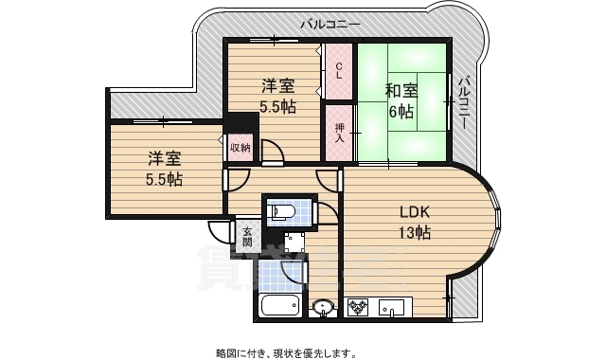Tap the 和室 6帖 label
[400, 100]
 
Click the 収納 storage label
[240, 147]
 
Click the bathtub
[278, 307]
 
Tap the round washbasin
[323, 307]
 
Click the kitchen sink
[392, 307]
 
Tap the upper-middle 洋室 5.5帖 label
[278, 98]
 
